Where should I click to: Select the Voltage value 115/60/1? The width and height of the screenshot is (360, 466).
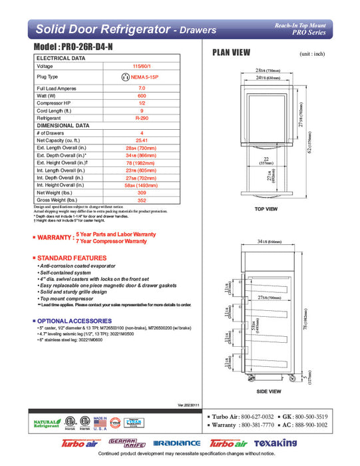coord(142,67)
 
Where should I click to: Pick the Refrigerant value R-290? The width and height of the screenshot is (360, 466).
coord(142,116)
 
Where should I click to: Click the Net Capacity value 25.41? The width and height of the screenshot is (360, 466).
coord(142,140)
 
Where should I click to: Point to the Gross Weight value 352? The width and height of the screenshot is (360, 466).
coord(142,199)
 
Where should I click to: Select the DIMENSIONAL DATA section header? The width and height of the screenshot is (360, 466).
coord(63,124)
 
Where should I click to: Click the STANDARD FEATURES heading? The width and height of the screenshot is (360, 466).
coord(71,257)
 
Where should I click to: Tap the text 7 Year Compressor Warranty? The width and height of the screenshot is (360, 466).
coord(111,241)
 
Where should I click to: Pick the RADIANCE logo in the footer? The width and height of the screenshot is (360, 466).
coord(176,443)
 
